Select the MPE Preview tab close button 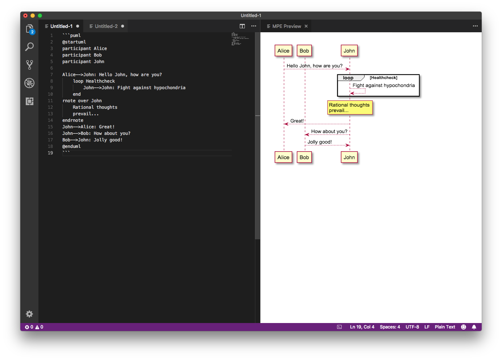[x=306, y=26]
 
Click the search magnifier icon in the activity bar [x=29, y=47]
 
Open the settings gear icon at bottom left [x=29, y=314]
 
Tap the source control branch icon [x=29, y=65]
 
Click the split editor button [x=242, y=26]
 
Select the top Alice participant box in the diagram [x=283, y=51]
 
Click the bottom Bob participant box [x=304, y=157]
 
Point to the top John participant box [x=349, y=51]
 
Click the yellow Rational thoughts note [x=350, y=108]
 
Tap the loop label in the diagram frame [x=348, y=78]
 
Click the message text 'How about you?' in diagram [x=329, y=131]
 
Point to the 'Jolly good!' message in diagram [x=320, y=142]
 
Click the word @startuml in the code [x=74, y=42]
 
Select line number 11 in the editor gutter [x=50, y=101]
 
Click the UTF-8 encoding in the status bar [x=412, y=327]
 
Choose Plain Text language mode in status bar [x=445, y=327]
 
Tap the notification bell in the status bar [x=474, y=327]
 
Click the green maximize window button [x=40, y=16]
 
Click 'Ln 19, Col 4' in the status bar [x=362, y=327]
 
